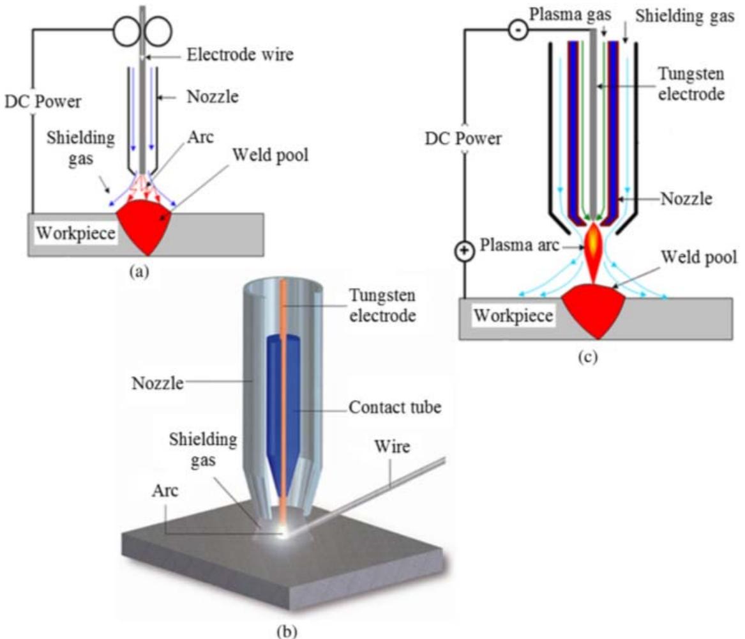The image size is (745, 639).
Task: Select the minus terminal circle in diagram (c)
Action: pos(517,30)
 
